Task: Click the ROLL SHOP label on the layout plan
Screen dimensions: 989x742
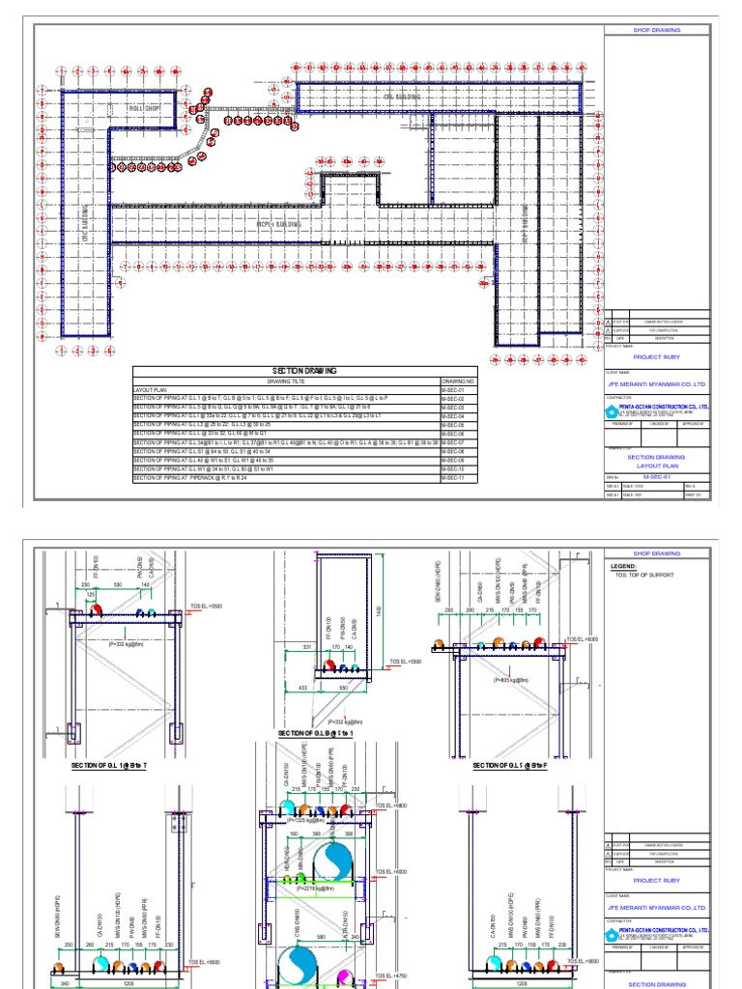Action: coord(143,108)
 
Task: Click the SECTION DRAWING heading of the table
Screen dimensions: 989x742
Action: coord(304,370)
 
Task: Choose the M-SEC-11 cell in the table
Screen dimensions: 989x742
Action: coord(453,478)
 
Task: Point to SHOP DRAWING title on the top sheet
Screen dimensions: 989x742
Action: coord(656,30)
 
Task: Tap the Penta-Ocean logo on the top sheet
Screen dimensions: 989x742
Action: coord(611,410)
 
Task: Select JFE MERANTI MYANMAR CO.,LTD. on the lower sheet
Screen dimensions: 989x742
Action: coord(656,908)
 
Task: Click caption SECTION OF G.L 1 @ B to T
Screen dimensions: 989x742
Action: coord(108,765)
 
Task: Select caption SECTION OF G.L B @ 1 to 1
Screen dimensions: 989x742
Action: coord(314,734)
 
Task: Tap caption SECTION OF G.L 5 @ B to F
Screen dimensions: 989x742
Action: coord(510,765)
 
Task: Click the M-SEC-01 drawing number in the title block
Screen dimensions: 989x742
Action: coord(656,476)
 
